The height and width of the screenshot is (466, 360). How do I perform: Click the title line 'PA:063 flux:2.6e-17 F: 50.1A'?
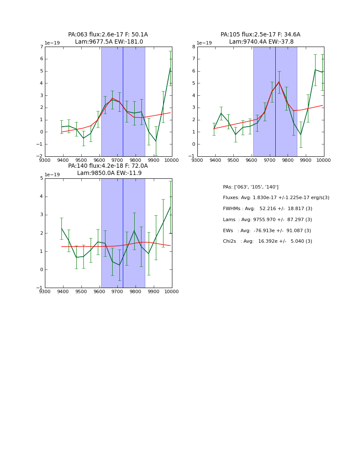pos(108,35)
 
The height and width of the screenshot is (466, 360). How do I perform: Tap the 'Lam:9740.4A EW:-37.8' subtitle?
pos(261,42)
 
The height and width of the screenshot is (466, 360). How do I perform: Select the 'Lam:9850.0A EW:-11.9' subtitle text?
pos(109,173)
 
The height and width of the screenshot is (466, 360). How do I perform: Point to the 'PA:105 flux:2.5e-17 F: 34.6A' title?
pos(260,35)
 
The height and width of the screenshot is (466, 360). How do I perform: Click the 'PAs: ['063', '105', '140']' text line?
pos(250,187)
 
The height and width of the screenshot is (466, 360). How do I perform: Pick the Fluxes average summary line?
pos(276,198)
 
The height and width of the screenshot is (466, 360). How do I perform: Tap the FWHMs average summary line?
pos(267,209)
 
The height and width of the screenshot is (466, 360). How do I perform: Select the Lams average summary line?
pos(267,220)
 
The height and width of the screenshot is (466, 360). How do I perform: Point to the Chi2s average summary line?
pos(267,241)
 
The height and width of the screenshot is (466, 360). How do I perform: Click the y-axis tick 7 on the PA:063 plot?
pos(41,47)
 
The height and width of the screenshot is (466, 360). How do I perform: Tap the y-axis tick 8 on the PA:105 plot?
pos(194,47)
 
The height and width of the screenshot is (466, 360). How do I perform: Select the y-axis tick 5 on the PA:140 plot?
pos(41,178)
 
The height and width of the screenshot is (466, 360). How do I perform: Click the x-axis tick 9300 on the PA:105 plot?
pos(197,160)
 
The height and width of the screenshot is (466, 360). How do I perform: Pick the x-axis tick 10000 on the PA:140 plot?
pos(172,291)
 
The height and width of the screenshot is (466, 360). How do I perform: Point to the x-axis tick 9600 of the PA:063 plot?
pos(99,160)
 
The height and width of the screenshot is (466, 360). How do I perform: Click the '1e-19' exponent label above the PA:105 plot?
pos(204,43)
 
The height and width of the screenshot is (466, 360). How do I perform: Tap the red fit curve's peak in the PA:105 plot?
pos(279,82)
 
